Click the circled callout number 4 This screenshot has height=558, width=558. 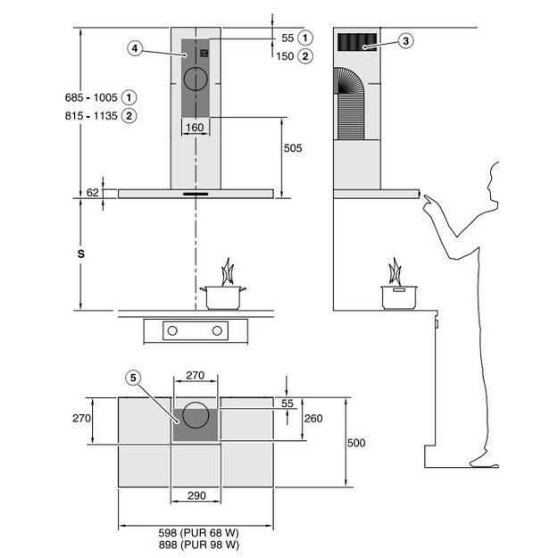coord(134,48)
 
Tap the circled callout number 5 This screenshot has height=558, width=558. coord(134,378)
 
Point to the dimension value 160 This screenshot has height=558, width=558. coord(195,128)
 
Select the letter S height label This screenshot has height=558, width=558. coord(79,254)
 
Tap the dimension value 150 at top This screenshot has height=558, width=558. coord(286,56)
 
